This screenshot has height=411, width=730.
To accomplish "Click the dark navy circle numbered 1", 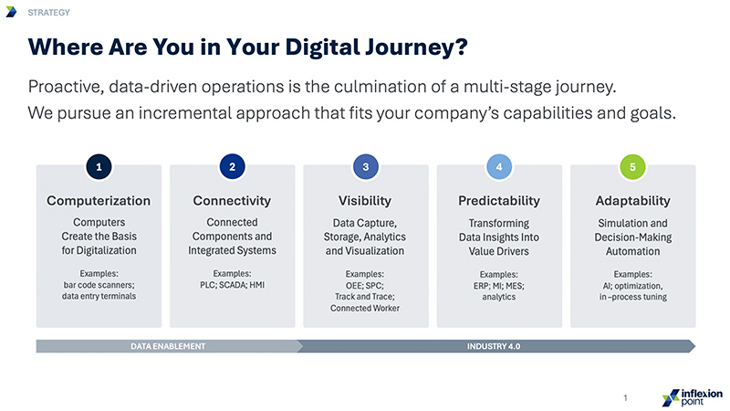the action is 99,167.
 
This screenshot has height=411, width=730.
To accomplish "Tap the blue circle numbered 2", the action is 233,167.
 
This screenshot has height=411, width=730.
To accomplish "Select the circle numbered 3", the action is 366,167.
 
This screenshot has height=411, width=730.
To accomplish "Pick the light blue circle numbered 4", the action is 499,167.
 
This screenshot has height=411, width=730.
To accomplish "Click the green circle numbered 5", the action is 632,167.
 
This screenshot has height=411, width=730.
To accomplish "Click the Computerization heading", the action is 99,201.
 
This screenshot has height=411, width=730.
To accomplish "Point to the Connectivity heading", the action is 232,201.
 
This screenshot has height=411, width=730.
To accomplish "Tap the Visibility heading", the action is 365,201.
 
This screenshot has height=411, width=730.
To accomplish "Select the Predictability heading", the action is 499,201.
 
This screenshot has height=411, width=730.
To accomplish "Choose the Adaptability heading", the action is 633,201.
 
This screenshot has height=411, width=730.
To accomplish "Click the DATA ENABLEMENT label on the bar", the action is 168,346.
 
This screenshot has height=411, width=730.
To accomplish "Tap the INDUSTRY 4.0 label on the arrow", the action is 494,346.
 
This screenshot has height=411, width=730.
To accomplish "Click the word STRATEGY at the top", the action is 49,13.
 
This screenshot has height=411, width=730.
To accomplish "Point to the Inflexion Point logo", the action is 693,398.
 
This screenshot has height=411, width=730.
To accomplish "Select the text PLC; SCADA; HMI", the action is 233,285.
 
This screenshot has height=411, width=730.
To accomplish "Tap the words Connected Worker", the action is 365,308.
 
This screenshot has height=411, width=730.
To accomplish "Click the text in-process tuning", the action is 633,297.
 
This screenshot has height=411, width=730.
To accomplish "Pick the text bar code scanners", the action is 99,285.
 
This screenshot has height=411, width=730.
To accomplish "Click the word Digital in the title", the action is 323,47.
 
